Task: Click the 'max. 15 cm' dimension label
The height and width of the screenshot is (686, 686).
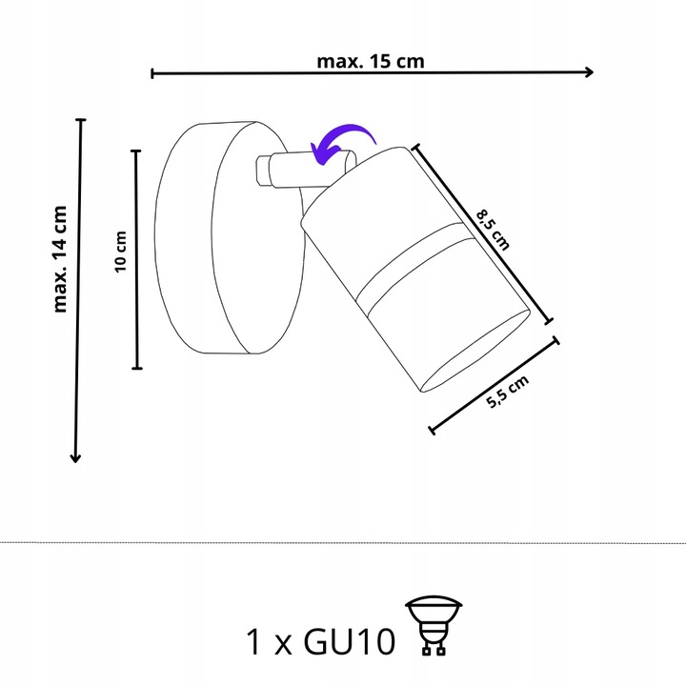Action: (x=370, y=61)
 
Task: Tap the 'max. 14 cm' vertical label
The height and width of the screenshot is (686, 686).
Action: (x=62, y=259)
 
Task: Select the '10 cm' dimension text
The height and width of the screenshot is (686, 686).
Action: (x=121, y=252)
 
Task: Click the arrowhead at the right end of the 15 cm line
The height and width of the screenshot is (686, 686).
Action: (x=590, y=72)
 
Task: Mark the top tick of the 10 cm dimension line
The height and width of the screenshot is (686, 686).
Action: (x=137, y=151)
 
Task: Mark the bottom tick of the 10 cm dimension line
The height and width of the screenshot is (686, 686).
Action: (x=137, y=368)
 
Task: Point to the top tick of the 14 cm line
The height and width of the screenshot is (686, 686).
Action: (x=79, y=120)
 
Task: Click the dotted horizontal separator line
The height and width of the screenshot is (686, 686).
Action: (x=343, y=542)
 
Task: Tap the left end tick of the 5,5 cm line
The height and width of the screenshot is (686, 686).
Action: (x=433, y=431)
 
